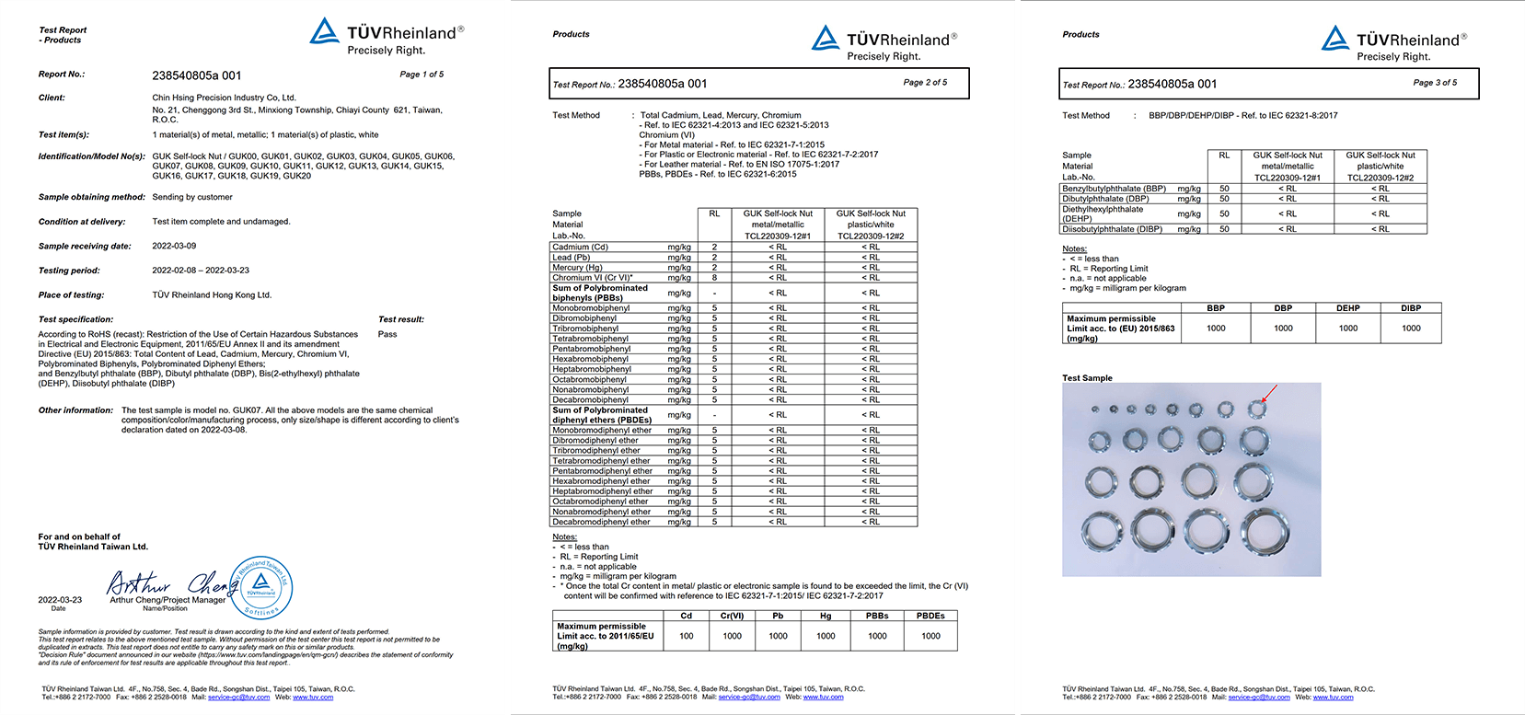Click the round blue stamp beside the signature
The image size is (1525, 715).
pyautogui.click(x=261, y=587)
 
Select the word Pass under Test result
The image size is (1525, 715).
pyautogui.click(x=387, y=334)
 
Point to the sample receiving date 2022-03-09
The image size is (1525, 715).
pyautogui.click(x=174, y=246)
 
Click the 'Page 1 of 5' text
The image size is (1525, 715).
pyautogui.click(x=422, y=75)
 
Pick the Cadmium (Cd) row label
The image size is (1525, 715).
pyautogui.click(x=580, y=247)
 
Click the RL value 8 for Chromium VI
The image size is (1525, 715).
pyautogui.click(x=714, y=277)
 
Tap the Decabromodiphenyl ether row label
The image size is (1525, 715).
pyautogui.click(x=601, y=522)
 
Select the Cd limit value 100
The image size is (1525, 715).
pyautogui.click(x=687, y=636)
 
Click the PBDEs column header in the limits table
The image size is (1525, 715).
pyautogui.click(x=930, y=616)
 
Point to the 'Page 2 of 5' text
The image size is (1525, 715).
pyautogui.click(x=925, y=83)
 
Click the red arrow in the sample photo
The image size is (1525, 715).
pyautogui.click(x=1269, y=393)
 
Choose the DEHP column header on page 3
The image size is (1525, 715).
pyautogui.click(x=1348, y=308)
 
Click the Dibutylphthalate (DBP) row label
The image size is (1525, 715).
pyautogui.click(x=1105, y=199)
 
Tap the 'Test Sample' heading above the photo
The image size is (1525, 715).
pyautogui.click(x=1087, y=378)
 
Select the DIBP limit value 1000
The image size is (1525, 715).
pyautogui.click(x=1411, y=329)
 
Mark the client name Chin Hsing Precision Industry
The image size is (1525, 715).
pyautogui.click(x=224, y=98)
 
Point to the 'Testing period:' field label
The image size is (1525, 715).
pyautogui.click(x=69, y=271)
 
